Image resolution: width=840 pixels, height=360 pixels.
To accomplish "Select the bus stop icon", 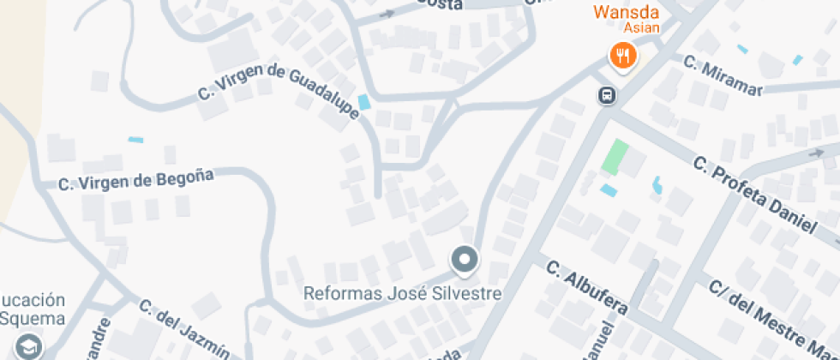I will (606, 94).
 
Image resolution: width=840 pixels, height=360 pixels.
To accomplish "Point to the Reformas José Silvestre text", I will (402, 293).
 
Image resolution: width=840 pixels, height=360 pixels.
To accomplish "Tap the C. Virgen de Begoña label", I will (135, 180).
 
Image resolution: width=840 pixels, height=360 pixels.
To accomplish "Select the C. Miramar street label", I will (723, 72).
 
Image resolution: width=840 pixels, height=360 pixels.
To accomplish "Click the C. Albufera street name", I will (587, 286).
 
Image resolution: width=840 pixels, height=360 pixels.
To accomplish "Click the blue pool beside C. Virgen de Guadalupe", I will (364, 102).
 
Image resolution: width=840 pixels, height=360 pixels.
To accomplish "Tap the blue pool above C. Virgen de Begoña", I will (135, 140).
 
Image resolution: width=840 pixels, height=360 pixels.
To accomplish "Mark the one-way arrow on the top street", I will (387, 14).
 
